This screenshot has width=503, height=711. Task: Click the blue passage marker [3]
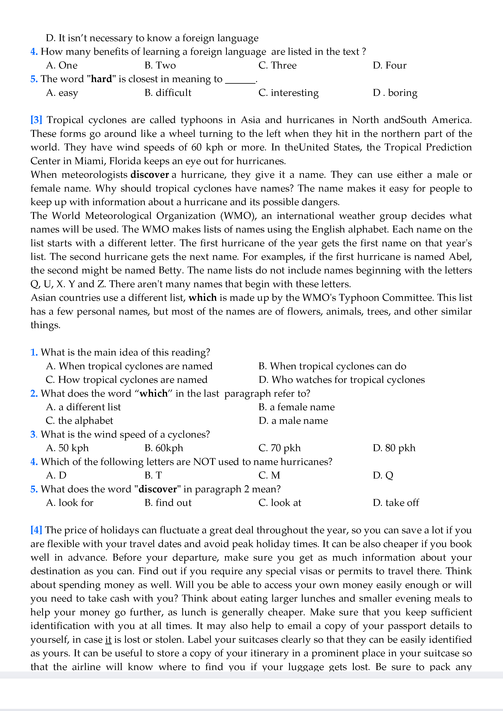pyautogui.click(x=36, y=120)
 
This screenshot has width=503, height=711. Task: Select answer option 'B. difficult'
pyautogui.click(x=168, y=93)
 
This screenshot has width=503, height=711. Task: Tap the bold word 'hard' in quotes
pyautogui.click(x=101, y=79)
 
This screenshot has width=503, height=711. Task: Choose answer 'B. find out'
pyautogui.click(x=168, y=503)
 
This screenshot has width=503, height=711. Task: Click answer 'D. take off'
pyautogui.click(x=396, y=503)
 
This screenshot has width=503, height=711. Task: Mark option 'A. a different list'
pyautogui.click(x=83, y=407)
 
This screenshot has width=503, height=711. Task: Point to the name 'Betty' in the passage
pyautogui.click(x=170, y=270)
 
